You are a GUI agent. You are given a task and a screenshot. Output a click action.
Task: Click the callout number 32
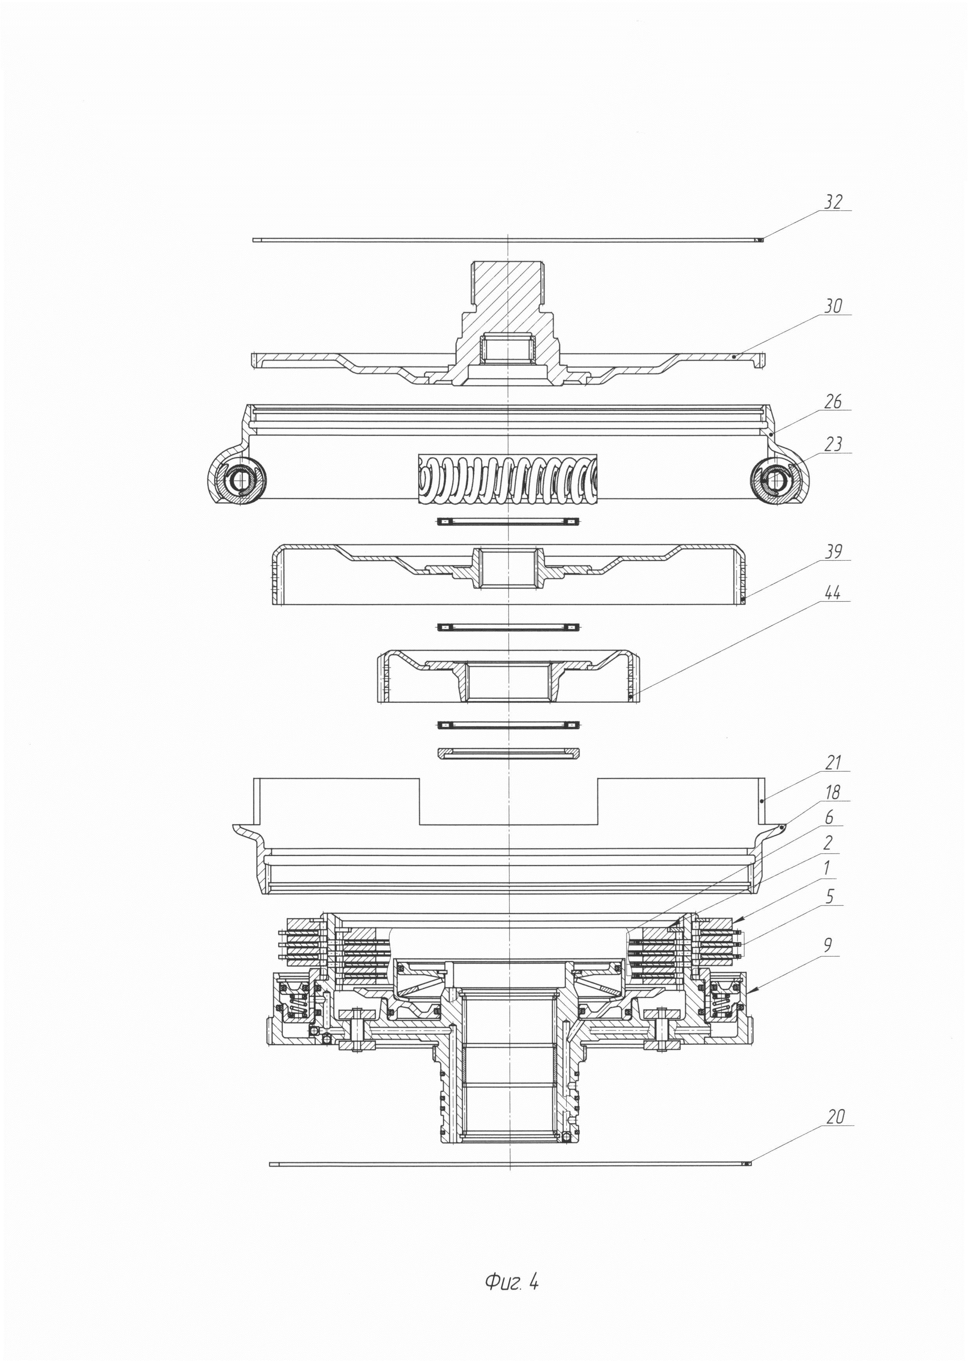point(833,202)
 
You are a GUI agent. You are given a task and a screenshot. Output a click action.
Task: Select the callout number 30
point(833,307)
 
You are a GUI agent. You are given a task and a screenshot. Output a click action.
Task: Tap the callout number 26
point(833,402)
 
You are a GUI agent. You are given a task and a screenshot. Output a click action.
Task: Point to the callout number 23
point(833,445)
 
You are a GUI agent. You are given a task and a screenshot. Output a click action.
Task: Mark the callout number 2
point(829,843)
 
